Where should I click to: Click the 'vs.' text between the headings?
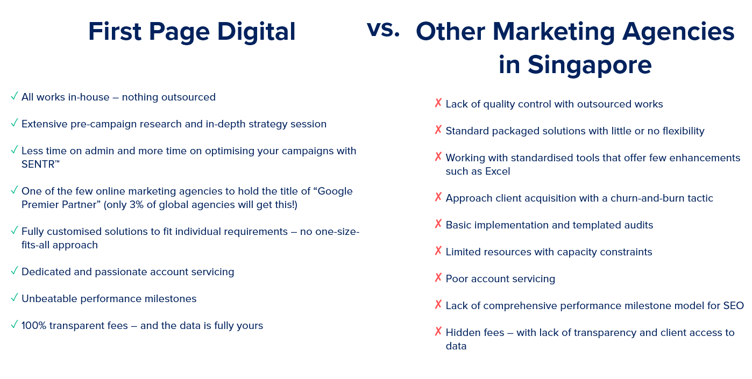[383, 29]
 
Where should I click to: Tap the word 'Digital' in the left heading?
[256, 32]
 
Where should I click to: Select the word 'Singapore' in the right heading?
[590, 65]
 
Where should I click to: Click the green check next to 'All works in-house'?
[15, 96]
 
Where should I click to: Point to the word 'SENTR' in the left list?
[38, 165]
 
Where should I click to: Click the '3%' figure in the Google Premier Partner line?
[137, 205]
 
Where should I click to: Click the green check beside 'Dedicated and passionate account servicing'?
[15, 270]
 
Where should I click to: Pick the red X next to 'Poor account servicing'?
[438, 277]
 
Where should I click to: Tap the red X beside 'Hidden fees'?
[438, 331]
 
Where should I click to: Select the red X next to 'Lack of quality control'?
[438, 103]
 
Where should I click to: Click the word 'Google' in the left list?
[335, 191]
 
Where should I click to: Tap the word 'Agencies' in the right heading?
[678, 32]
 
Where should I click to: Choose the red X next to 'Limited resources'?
[438, 251]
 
